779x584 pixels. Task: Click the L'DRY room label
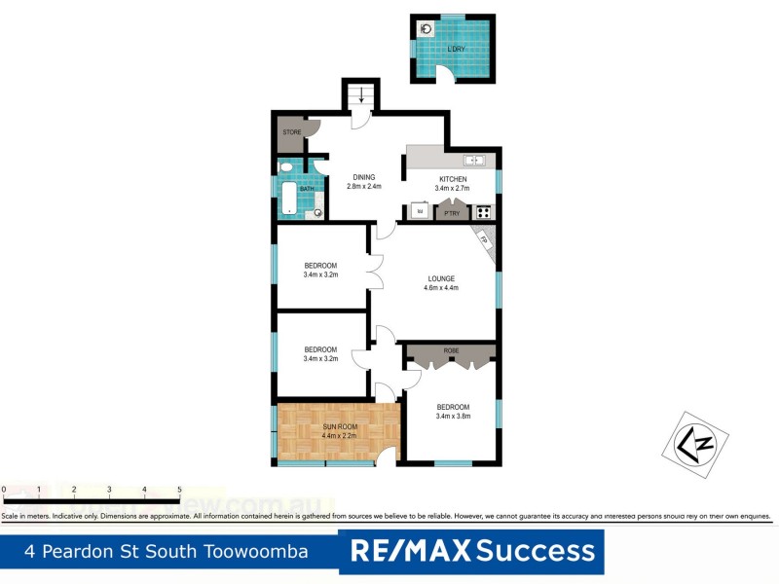point(455,49)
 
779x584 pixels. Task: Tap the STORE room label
point(291,131)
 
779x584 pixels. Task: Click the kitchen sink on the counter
point(474,160)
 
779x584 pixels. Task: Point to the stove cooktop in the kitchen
point(484,210)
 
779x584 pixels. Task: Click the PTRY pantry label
point(452,212)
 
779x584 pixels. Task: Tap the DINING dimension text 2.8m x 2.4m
point(365,186)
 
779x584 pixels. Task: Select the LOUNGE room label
point(440,278)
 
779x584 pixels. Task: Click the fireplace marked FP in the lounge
point(485,239)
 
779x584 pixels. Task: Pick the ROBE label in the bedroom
point(451,349)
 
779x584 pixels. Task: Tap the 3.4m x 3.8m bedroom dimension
point(453,416)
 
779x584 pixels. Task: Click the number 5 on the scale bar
point(179,490)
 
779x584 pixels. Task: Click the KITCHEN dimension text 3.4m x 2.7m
point(454,188)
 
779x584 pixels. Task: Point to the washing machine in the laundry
point(426,29)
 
